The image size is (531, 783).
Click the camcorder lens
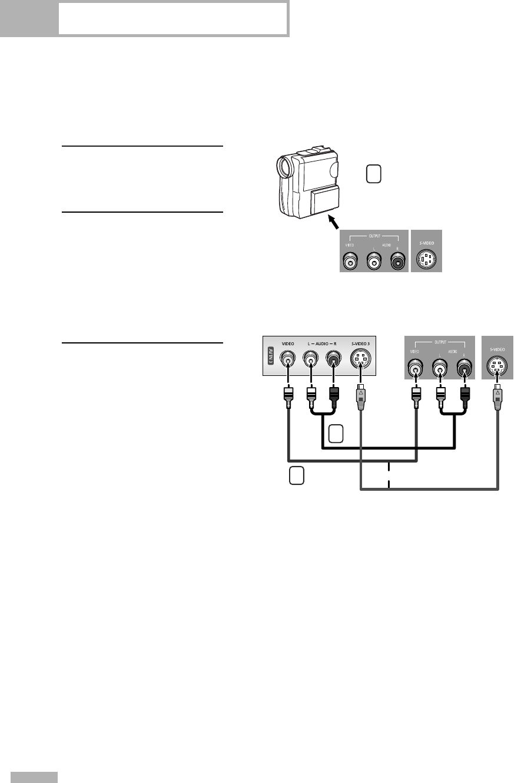(x=286, y=167)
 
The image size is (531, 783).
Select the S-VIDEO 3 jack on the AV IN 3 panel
(x=359, y=359)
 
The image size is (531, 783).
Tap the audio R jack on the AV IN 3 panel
(x=333, y=359)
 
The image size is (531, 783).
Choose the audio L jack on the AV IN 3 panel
(x=310, y=359)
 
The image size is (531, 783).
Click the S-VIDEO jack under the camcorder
(x=426, y=259)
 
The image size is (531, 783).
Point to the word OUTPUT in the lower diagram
(x=439, y=341)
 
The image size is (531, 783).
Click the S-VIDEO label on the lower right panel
(x=497, y=349)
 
